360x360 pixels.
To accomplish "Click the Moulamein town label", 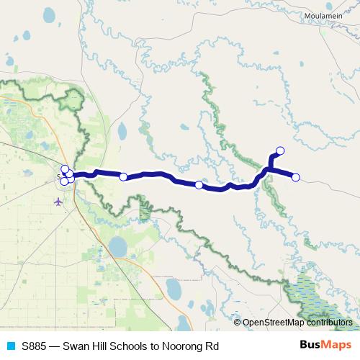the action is tap(319, 15).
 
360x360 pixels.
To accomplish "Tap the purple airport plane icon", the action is tap(58, 201).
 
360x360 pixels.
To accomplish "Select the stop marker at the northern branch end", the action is tap(280, 150).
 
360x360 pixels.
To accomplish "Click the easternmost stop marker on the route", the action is tap(295, 177).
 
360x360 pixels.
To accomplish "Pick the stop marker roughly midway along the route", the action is tap(199, 185).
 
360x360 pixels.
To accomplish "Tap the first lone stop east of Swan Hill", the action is tap(123, 176).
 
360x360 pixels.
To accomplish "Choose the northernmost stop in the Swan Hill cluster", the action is tap(65, 169).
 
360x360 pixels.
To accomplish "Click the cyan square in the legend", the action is tap(10, 346).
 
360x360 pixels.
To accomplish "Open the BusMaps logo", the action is tap(326, 345).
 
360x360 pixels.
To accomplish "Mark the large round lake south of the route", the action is tap(117, 247).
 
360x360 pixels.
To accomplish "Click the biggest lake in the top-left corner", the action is tap(49, 15).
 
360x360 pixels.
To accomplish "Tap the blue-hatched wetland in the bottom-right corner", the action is tap(310, 299).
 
